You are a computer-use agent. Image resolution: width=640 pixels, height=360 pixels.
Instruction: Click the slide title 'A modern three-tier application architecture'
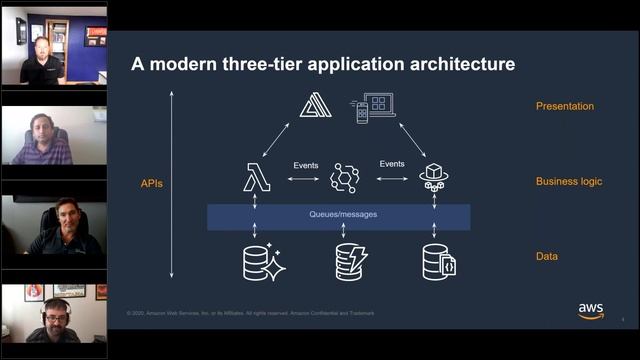tap(323, 65)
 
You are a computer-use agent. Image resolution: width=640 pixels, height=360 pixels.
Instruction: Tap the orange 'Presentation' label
tap(565, 106)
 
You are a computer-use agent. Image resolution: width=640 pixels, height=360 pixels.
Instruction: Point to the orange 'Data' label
tap(547, 257)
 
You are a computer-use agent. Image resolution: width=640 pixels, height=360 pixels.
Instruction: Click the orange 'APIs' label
tap(153, 184)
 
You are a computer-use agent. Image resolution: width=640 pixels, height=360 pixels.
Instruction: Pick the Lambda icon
tap(257, 179)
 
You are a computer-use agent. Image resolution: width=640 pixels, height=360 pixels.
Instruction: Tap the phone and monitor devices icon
tap(374, 107)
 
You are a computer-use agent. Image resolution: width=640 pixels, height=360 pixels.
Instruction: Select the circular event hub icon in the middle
tap(344, 179)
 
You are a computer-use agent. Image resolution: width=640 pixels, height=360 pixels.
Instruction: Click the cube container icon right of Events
tap(433, 178)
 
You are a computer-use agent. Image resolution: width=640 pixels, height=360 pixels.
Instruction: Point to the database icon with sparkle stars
tap(263, 261)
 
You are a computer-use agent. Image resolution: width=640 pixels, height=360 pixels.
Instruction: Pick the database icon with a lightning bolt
tap(351, 261)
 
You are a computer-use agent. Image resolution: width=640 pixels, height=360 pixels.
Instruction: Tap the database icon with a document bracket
tap(441, 261)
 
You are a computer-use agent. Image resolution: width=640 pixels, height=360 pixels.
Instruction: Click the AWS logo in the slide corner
tap(590, 310)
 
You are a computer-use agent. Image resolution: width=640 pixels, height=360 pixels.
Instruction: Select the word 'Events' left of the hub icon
tap(306, 164)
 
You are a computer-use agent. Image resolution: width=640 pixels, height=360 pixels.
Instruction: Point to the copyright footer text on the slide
tap(251, 313)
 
